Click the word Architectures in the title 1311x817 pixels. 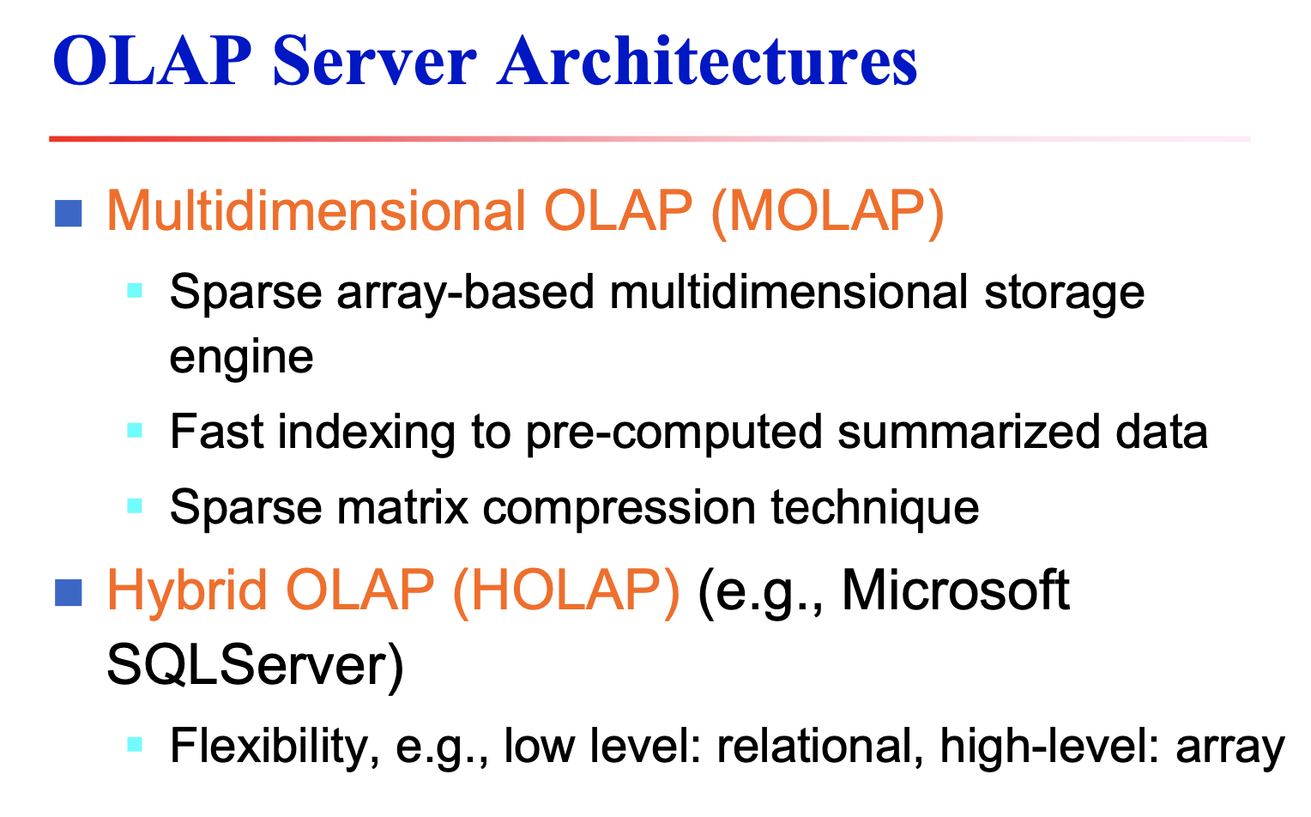[707, 62]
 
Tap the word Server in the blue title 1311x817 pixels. [374, 62]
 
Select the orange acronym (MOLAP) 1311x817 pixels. [828, 210]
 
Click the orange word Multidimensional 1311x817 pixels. [317, 210]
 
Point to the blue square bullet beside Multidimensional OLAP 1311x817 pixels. [69, 213]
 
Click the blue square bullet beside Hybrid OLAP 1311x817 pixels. [69, 592]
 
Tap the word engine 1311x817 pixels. [241, 357]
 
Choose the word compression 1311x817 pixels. [619, 506]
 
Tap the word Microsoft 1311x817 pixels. [955, 590]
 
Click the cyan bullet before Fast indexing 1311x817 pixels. [135, 430]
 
